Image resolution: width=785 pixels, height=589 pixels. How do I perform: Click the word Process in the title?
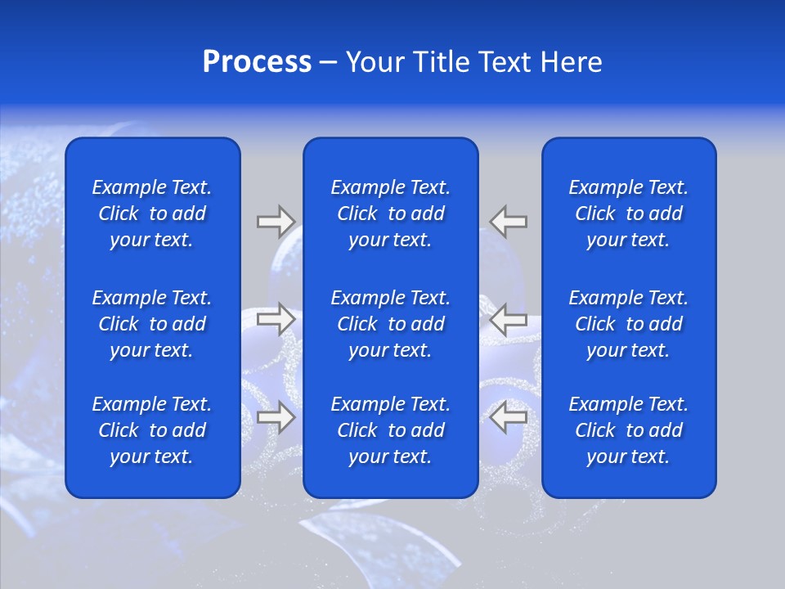point(257,62)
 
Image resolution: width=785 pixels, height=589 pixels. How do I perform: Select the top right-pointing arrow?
point(276,221)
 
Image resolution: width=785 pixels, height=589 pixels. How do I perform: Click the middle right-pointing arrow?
point(276,319)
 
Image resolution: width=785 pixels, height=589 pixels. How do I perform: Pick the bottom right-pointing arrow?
point(276,417)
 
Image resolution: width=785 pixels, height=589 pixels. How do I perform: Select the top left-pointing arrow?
point(509,221)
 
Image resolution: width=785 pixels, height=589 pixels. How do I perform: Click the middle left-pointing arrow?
point(509,319)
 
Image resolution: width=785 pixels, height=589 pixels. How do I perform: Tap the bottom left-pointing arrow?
point(509,417)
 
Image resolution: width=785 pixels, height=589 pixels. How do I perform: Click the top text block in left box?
point(152,214)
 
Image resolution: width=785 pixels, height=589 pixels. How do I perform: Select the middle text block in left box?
point(152,324)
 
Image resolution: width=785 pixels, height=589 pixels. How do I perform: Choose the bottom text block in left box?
point(152,430)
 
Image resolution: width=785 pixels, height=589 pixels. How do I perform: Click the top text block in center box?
point(390,214)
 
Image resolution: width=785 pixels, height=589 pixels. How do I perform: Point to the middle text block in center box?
point(390,324)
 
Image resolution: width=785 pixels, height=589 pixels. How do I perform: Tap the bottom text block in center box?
point(390,430)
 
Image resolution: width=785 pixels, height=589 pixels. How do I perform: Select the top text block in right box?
point(628,214)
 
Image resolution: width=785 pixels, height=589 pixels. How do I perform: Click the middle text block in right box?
point(628,324)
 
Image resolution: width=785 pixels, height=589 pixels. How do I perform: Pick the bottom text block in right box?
point(628,430)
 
